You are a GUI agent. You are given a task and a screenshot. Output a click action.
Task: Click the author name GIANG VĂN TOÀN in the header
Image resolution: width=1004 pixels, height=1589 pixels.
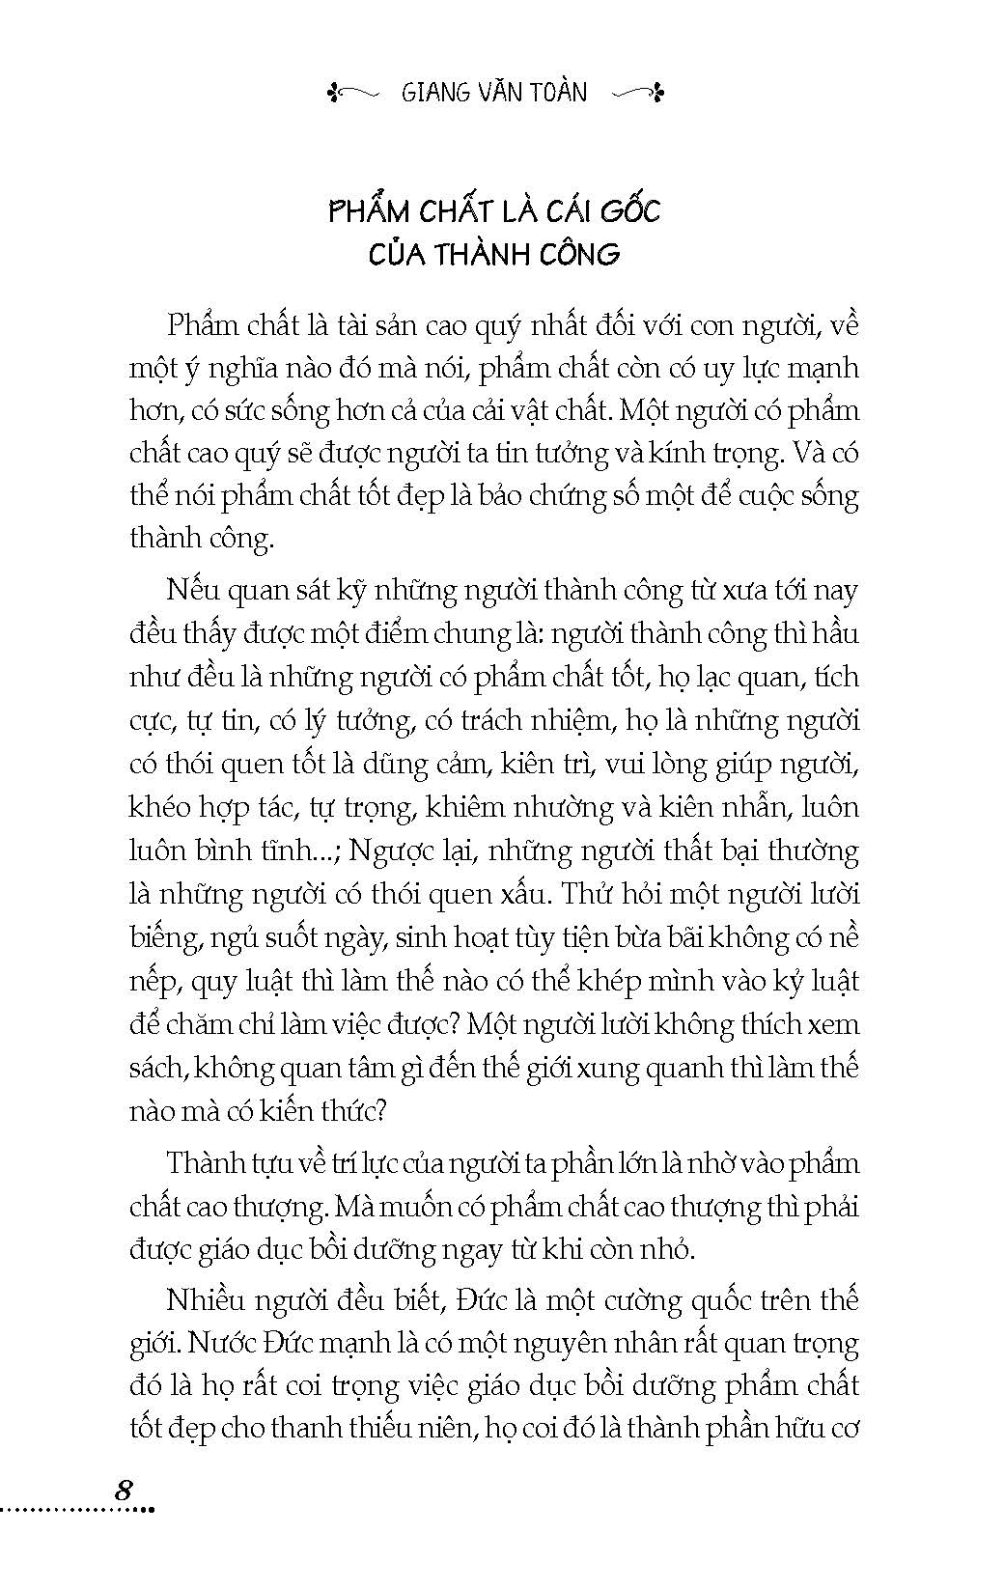493,93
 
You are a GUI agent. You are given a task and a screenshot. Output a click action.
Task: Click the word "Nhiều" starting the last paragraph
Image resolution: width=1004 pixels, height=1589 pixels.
205,1300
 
